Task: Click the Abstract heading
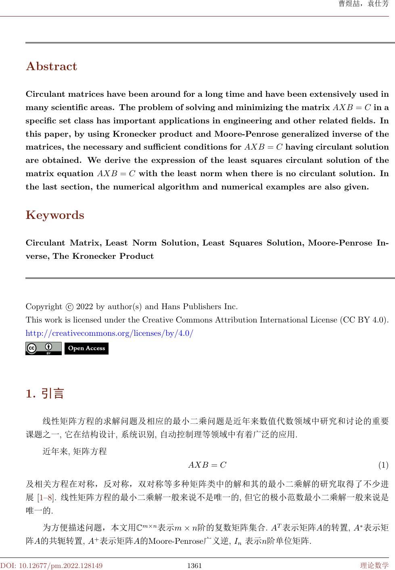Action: pos(51,66)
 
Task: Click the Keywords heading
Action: pos(55,215)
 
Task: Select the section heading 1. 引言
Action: pos(45,393)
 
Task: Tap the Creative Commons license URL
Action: pos(109,333)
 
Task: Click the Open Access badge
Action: pos(86,348)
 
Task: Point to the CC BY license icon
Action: pos(44,348)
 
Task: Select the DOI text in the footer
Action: pos(51,566)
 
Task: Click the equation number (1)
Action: pos(383,465)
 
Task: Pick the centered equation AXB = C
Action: pos(207,465)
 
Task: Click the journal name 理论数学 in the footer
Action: pos(374,566)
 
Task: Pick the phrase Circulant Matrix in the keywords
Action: pos(64,243)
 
